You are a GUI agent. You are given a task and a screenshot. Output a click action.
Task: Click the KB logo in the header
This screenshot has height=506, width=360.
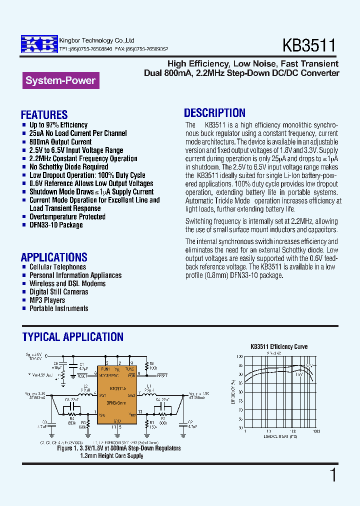[39, 44]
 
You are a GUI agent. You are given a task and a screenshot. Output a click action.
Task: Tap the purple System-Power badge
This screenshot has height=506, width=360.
[60, 80]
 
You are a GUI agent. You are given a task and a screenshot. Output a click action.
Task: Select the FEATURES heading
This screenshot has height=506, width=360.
[44, 115]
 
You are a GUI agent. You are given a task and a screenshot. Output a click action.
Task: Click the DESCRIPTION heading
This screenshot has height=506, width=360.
[214, 113]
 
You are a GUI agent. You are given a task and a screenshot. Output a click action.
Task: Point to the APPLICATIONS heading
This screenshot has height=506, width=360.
[54, 257]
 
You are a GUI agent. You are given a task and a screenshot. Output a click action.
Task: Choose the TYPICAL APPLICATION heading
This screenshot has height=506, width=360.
[73, 337]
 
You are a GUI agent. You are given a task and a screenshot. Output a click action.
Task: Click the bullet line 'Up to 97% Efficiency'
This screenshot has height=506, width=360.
[58, 125]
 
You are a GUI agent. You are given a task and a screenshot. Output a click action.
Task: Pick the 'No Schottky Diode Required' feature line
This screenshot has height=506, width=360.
[68, 167]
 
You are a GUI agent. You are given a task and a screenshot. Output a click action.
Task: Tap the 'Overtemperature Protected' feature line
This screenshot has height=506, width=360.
[67, 217]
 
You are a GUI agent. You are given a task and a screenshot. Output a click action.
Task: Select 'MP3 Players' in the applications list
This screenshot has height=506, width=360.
[47, 300]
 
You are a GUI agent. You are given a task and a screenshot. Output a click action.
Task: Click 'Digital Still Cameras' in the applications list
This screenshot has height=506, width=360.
[58, 292]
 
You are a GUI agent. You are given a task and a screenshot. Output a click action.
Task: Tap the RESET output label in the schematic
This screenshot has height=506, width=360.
[162, 375]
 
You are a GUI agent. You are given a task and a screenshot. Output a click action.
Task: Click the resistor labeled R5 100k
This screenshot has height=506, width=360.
[147, 365]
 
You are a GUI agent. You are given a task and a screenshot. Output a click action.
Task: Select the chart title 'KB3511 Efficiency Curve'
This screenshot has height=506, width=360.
[279, 346]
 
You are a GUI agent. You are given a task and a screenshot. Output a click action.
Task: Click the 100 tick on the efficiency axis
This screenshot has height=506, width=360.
[240, 356]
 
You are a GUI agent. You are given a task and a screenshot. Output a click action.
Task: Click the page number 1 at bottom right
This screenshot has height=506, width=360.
[333, 475]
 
